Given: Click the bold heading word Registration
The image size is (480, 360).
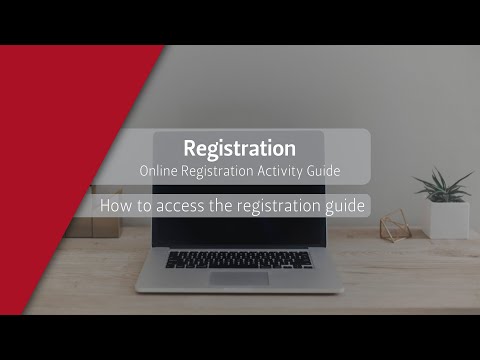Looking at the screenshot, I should [x=239, y=147].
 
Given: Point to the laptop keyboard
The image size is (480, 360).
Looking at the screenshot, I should [x=238, y=259].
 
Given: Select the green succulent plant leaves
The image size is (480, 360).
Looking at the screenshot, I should [x=440, y=186].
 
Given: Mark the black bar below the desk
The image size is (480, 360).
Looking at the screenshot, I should [x=240, y=337].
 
